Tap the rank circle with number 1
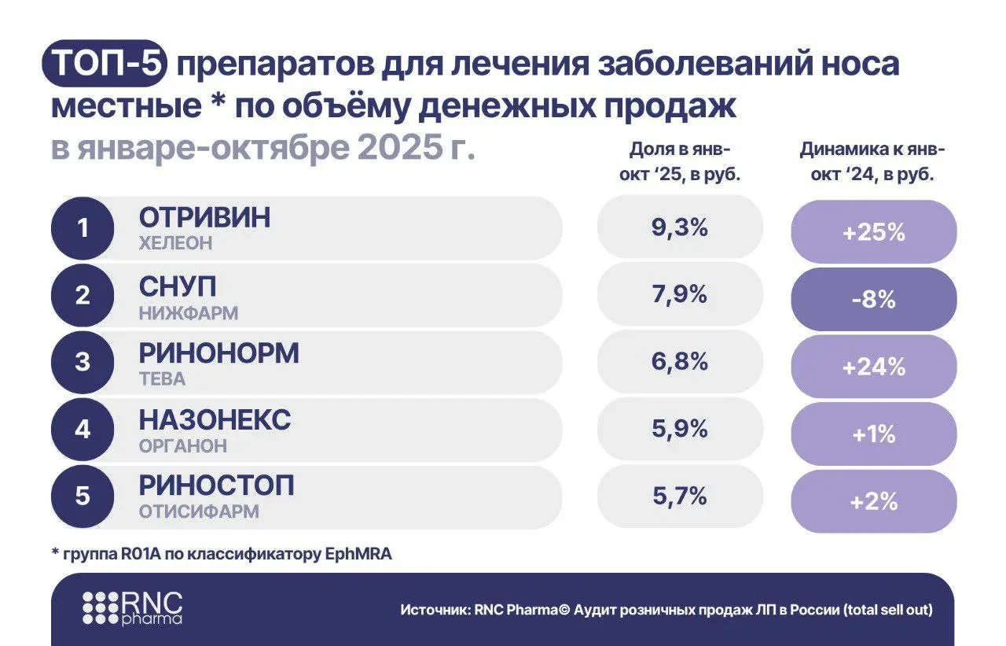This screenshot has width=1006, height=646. [x=83, y=229]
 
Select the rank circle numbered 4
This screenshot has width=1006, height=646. [x=83, y=430]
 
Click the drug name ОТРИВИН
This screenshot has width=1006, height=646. [x=204, y=217]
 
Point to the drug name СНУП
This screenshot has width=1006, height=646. [x=178, y=285]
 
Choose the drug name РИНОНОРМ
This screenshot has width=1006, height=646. [x=218, y=353]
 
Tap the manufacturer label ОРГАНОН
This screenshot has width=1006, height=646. [x=183, y=446]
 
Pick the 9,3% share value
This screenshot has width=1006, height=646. [x=680, y=228]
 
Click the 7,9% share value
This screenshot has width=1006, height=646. [x=680, y=296]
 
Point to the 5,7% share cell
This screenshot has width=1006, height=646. [x=680, y=497]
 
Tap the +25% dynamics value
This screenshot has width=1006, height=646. [x=873, y=233]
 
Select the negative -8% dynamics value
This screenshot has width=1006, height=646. [x=873, y=300]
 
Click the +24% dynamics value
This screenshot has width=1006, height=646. [x=873, y=367]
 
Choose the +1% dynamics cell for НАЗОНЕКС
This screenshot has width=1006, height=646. [x=873, y=434]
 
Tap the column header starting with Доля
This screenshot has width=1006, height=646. [x=681, y=162]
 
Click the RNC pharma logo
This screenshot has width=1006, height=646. [x=132, y=607]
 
